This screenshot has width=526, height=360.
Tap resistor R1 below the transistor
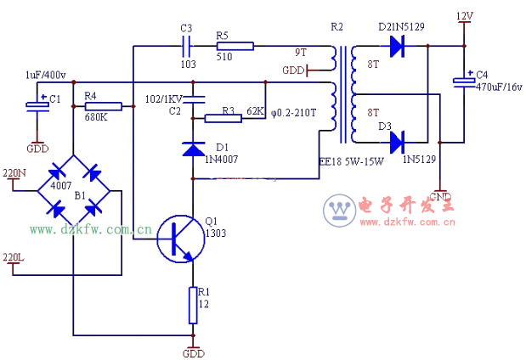pyautogui.click(x=193, y=306)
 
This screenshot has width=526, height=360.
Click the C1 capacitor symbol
pyautogui.click(x=36, y=106)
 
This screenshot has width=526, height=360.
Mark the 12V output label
pyautogui.click(x=465, y=16)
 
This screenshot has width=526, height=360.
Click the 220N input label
pyautogui.click(x=14, y=173)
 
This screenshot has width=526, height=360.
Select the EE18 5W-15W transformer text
pyautogui.click(x=351, y=160)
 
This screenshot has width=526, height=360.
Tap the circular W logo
pyautogui.click(x=339, y=210)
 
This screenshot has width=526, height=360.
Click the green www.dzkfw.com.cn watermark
pyautogui.click(x=90, y=229)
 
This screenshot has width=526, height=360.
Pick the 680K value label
pyautogui.click(x=96, y=118)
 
